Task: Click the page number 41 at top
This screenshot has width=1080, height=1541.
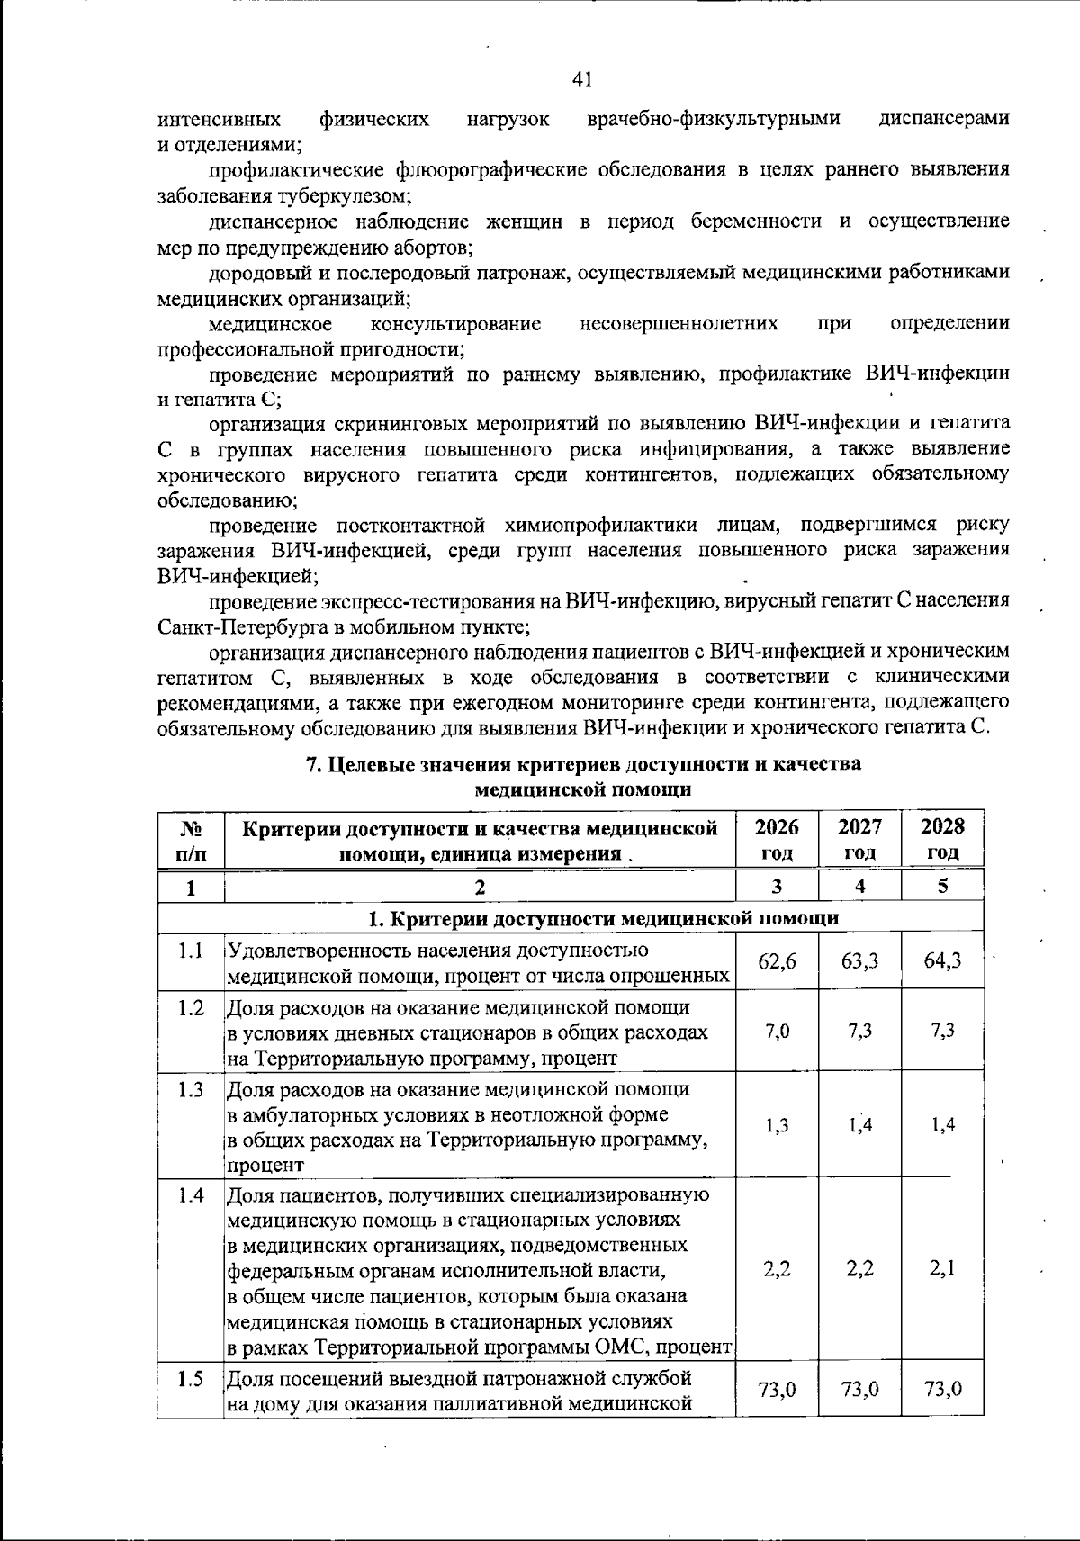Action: tap(581, 80)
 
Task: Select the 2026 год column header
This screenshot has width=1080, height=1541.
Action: tap(777, 839)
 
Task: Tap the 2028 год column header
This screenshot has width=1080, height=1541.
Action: tap(942, 839)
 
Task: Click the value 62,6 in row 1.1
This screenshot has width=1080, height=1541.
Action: tap(777, 961)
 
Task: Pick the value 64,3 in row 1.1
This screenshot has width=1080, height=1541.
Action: tap(942, 961)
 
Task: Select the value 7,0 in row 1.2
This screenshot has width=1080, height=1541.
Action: tap(777, 1032)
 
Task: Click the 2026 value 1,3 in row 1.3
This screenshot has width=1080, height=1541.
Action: tap(777, 1125)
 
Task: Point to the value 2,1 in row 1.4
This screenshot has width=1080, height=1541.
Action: tap(942, 1269)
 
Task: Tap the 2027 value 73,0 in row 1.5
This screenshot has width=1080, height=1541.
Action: tap(859, 1389)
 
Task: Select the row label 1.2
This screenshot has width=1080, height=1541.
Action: tap(190, 1007)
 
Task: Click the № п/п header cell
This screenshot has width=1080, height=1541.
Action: tap(190, 839)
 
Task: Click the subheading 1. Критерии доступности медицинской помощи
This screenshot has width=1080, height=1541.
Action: tap(604, 918)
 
